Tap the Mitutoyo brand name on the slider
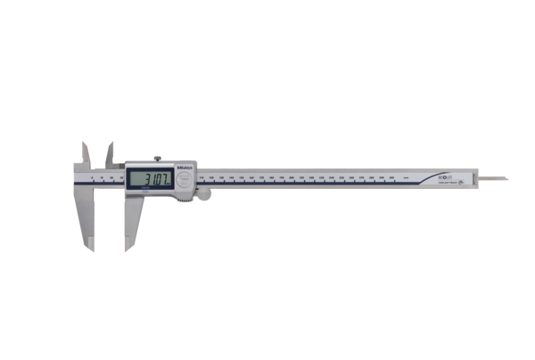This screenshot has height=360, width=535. (x=185, y=166)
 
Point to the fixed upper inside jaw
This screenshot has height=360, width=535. (x=86, y=153)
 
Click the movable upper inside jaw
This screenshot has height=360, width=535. (x=111, y=153)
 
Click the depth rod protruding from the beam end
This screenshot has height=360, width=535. (x=495, y=178)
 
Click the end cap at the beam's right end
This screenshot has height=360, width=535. (x=478, y=177)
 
